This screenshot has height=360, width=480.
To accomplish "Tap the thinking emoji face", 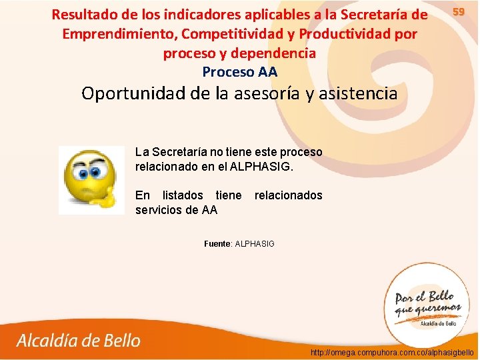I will click(x=91, y=180).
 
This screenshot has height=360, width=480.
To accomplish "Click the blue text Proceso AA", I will click(x=239, y=71).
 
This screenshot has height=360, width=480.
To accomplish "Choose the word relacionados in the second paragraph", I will click(x=288, y=195).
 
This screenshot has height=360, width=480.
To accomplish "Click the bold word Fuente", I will click(x=217, y=244).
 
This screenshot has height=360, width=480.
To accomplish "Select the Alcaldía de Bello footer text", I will click(x=79, y=341).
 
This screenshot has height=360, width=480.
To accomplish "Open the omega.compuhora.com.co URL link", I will click(x=393, y=351).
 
